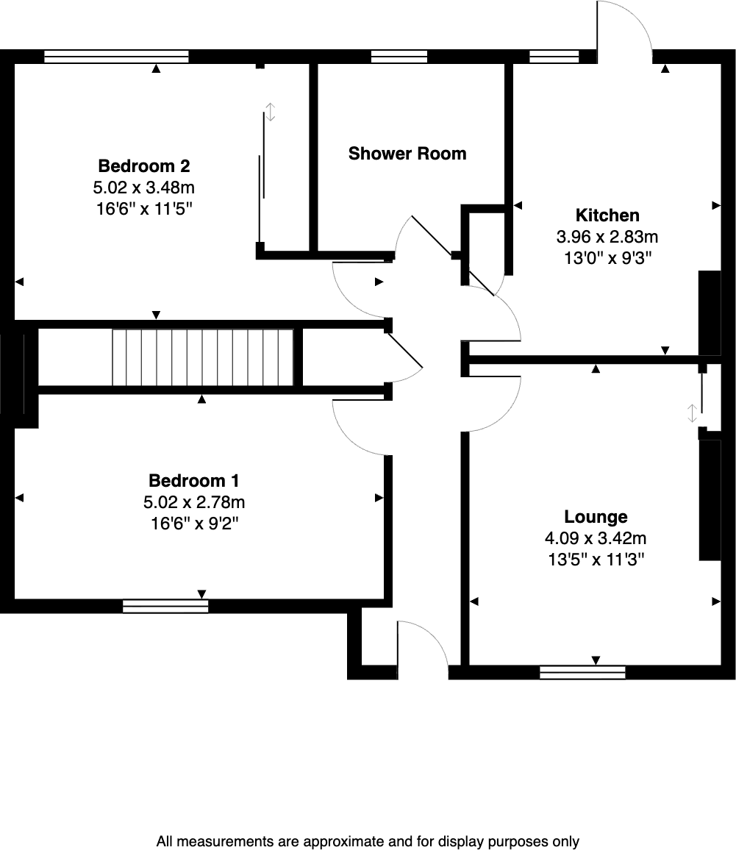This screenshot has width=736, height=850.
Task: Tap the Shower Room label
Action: (x=407, y=154)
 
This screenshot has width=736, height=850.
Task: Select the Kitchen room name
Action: (x=607, y=215)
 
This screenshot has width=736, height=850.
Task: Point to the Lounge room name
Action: (x=596, y=517)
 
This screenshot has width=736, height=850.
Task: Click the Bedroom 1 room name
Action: (x=194, y=481)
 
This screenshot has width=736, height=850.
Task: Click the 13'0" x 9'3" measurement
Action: (x=607, y=258)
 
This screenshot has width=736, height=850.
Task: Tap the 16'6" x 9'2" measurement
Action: (x=194, y=524)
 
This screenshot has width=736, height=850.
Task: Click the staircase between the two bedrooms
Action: (x=203, y=357)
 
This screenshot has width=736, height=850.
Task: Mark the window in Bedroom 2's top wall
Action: (x=116, y=56)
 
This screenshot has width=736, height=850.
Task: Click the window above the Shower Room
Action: (x=399, y=56)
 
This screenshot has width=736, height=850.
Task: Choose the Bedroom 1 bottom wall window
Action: (x=165, y=606)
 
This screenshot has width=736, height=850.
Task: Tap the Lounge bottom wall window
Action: (x=582, y=671)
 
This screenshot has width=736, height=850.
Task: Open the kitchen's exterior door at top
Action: (x=624, y=29)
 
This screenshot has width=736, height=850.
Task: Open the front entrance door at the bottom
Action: (x=422, y=647)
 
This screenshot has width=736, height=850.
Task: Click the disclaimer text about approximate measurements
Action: (x=368, y=841)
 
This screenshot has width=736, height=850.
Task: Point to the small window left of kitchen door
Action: (x=554, y=56)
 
